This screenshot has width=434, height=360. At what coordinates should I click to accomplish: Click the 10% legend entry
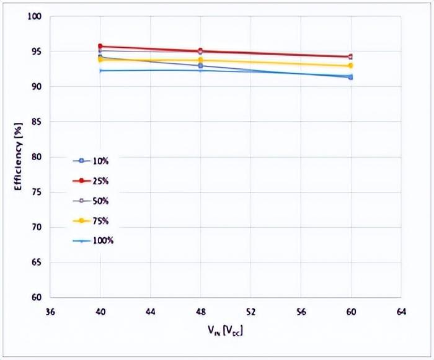coord(93,161)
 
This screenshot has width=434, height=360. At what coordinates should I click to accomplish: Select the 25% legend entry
coord(93,181)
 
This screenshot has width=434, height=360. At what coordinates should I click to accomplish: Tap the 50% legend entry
coord(93,200)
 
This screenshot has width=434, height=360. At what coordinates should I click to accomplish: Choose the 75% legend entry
coord(93,220)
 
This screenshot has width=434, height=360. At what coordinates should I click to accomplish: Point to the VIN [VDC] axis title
coord(225,330)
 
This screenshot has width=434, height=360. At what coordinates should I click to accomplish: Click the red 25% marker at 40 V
coord(100,46)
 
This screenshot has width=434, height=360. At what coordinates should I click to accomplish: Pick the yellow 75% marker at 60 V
coord(350,66)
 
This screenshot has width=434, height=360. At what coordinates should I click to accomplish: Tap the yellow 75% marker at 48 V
coord(200,60)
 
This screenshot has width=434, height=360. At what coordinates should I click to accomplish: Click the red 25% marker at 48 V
coord(200,51)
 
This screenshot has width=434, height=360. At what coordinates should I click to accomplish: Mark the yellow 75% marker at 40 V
coord(100,60)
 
